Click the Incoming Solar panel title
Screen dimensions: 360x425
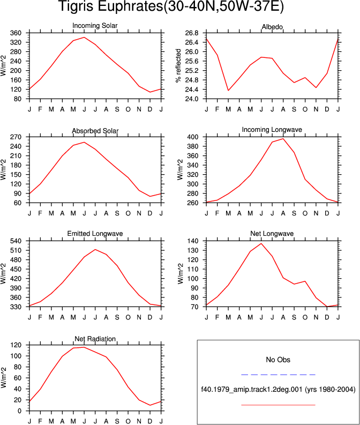(x=95, y=26)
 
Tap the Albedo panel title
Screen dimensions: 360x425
(x=272, y=27)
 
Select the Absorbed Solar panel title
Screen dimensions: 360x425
(x=95, y=131)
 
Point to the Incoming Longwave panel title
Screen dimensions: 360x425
(x=272, y=130)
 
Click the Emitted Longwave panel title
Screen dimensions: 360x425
(x=95, y=234)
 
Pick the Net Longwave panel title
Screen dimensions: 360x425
(x=272, y=234)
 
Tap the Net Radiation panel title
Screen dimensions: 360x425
(x=95, y=339)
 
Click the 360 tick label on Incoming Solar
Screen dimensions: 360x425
(x=16, y=33)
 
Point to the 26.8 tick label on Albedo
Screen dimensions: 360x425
(x=192, y=33)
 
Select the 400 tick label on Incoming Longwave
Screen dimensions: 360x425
(x=193, y=137)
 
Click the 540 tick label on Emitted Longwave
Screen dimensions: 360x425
(x=16, y=241)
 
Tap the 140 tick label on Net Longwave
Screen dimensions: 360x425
(x=193, y=241)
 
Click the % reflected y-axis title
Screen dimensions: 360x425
(x=178, y=65)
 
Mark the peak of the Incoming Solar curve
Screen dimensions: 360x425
(x=84, y=38)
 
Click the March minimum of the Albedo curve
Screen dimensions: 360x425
(x=228, y=90)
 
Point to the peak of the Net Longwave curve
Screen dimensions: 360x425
(x=261, y=244)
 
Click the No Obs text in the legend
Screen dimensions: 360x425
(x=278, y=360)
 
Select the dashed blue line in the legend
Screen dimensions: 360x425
(x=278, y=375)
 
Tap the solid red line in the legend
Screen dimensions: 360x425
(x=278, y=405)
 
